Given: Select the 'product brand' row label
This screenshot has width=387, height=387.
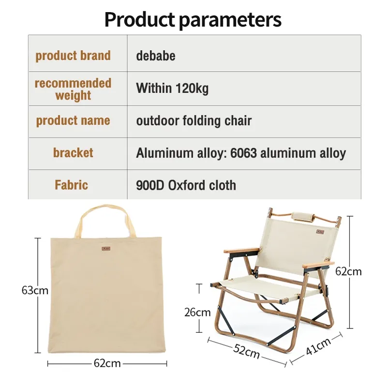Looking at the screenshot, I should coord(73,56).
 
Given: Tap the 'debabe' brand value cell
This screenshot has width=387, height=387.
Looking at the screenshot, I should coord(156,56).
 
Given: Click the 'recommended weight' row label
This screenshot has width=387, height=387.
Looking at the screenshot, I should coord(73,89).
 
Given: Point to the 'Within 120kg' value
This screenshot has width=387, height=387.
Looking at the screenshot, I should coord(172,89).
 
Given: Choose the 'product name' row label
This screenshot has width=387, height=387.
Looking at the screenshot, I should coord(73,120).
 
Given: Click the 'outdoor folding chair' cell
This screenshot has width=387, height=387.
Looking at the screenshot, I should coord(193,120).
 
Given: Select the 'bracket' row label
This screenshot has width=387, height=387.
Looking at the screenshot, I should coord(73,153).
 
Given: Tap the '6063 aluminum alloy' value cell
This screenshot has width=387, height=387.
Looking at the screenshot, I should coord(241,153).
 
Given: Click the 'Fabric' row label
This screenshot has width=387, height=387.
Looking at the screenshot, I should coord(72,185).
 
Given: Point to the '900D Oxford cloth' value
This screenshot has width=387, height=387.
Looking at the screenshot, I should coord(186,185).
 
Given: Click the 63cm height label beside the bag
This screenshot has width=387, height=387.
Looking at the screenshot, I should coord(35,290).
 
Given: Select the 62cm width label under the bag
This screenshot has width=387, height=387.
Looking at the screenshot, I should coord(106,363).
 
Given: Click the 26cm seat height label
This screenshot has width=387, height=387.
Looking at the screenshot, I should coord(197,312).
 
